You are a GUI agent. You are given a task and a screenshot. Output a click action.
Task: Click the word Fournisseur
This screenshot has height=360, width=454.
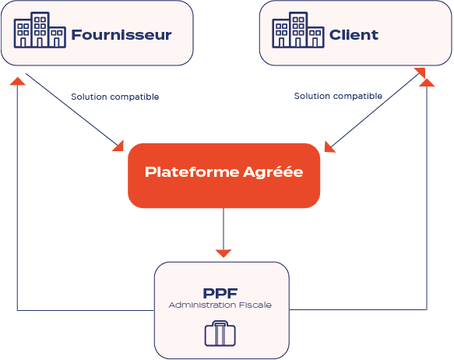point(121,35)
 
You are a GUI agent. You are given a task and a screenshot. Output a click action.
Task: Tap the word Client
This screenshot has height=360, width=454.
point(354,35)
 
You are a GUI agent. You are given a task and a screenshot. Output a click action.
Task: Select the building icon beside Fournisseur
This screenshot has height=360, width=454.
point(40,30)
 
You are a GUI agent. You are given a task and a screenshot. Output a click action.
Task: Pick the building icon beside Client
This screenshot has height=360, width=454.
point(298,30)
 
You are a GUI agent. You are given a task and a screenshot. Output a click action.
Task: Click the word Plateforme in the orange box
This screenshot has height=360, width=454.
point(192,171)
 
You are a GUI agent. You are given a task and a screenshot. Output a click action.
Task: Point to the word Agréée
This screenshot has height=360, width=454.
point(273,171)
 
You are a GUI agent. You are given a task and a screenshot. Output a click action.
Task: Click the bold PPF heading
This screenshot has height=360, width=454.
point(220,293)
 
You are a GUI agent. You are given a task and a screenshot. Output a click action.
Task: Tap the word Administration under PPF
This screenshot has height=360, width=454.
point(202,305)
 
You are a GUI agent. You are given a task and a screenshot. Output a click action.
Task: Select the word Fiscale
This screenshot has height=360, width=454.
point(255,305)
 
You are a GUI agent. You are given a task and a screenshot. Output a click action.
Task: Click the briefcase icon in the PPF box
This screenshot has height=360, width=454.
point(220,334)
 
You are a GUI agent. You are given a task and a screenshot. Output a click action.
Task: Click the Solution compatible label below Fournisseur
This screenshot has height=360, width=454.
point(115,97)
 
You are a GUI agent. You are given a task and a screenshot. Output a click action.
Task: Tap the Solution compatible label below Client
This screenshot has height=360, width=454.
point(338,96)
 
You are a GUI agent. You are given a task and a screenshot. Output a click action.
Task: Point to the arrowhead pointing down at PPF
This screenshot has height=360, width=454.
point(223,253)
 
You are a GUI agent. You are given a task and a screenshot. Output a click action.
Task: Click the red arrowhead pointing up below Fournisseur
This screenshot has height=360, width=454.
point(17,81)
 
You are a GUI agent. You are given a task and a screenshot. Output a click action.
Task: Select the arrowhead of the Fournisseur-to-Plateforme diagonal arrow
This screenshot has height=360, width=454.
point(119,146)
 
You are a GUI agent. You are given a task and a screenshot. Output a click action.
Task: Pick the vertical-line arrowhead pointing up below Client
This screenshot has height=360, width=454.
point(427,83)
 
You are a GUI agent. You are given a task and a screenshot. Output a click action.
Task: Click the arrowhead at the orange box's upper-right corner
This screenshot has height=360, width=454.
point(329,147)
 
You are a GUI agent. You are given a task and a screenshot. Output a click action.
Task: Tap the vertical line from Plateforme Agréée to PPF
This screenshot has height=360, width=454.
point(223,229)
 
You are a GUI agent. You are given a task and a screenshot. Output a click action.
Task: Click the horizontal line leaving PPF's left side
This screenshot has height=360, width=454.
point(86,310)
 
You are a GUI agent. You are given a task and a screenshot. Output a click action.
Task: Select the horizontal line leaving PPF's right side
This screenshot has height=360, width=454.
point(358,309)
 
